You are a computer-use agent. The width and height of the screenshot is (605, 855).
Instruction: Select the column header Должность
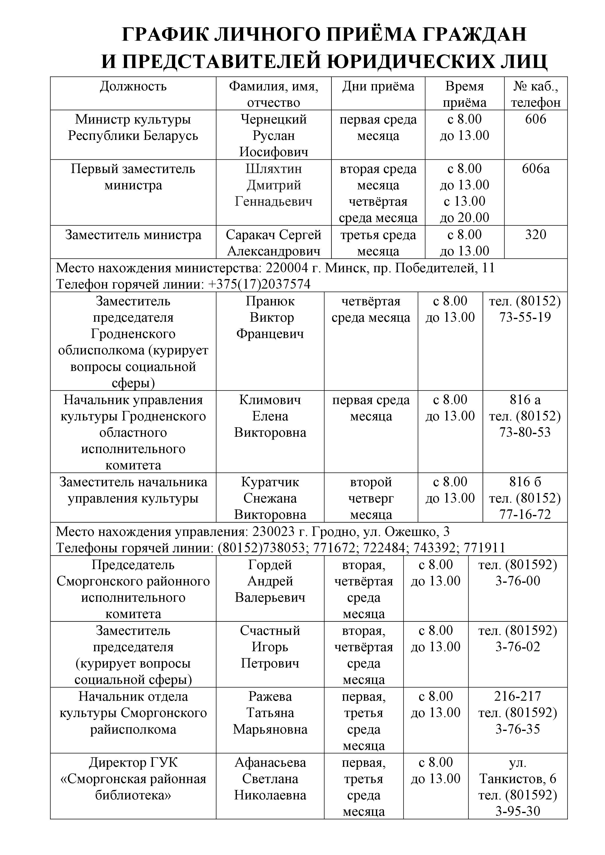point(133,87)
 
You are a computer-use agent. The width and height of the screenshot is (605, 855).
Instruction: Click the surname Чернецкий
point(274,119)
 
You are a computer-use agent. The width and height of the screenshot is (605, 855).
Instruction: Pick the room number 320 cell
point(536,235)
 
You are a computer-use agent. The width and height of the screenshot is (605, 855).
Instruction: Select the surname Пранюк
point(270,301)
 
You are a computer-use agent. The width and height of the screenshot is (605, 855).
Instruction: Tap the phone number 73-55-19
point(525,318)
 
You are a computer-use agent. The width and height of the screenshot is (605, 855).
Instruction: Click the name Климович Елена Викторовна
point(270,416)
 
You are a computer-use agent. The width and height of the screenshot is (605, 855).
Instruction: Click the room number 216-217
point(517,696)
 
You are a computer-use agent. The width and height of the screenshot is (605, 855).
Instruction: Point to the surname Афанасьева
point(270,763)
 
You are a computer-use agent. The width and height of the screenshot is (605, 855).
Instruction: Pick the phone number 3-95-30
point(517,811)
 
